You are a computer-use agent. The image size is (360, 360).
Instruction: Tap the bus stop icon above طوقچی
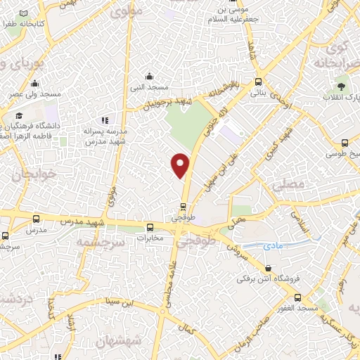click(x=183, y=207)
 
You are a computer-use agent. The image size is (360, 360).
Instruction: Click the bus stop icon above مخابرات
click(x=149, y=227)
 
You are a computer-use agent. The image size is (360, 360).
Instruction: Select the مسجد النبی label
click(x=148, y=86)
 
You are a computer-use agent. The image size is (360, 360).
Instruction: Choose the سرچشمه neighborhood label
click(x=99, y=242)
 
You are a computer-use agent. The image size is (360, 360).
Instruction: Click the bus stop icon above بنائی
click(x=259, y=81)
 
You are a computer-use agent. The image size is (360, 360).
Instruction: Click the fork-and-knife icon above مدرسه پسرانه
click(x=105, y=120)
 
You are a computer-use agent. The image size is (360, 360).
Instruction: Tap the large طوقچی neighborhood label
click(x=191, y=241)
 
